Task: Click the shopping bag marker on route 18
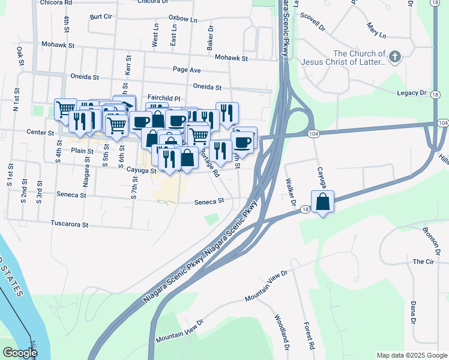(x=322, y=202)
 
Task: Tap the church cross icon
(x=394, y=58)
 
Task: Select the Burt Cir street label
(x=100, y=17)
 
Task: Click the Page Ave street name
(x=187, y=70)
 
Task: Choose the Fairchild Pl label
(x=164, y=98)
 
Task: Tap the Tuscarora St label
(x=70, y=225)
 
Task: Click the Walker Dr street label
(x=292, y=191)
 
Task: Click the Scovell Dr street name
(x=312, y=22)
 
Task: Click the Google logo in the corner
(x=19, y=353)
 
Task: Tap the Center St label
(x=40, y=132)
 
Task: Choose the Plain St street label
(x=79, y=151)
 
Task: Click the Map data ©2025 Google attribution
(x=411, y=355)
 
